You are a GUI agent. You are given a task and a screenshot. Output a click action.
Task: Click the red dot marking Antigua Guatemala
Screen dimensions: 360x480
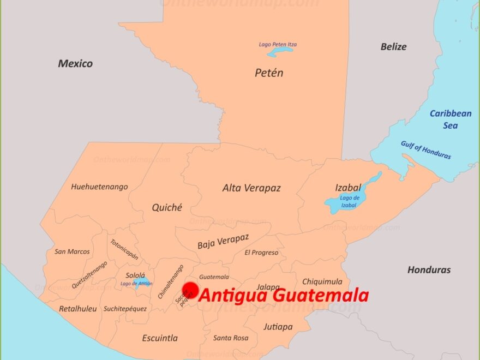click(190, 290)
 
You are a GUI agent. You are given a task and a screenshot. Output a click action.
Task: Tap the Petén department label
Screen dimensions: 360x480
click(269, 73)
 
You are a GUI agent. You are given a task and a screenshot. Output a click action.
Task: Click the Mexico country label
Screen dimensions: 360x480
click(75, 64)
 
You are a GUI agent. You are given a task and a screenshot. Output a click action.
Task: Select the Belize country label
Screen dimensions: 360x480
click(393, 47)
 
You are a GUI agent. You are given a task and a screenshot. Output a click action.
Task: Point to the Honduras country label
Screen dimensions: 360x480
click(429, 270)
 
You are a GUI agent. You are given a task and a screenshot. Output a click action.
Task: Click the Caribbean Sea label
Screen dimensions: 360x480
click(450, 119)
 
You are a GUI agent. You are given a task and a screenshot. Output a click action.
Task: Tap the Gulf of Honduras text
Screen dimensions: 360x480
click(426, 150)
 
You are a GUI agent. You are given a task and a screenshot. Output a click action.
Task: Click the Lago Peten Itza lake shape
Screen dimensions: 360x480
click(280, 51)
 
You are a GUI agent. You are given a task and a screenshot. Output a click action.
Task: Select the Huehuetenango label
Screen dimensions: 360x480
click(99, 187)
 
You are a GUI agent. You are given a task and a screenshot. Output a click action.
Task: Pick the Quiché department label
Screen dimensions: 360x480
click(167, 207)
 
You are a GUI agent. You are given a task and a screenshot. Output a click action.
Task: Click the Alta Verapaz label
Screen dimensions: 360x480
click(251, 188)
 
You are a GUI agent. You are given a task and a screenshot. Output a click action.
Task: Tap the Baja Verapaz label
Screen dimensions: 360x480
click(223, 242)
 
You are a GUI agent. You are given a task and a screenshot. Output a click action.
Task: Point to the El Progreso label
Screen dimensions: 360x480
click(261, 253)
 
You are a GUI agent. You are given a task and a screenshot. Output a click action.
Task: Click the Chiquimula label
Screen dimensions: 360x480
click(322, 281)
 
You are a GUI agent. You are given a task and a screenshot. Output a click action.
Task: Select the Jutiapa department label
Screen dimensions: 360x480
click(278, 327)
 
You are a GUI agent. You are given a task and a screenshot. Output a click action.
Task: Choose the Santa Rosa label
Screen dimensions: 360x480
click(231, 338)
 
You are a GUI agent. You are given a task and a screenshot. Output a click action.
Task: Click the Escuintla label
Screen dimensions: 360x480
click(160, 338)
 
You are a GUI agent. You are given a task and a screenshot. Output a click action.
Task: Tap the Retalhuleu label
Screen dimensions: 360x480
click(77, 309)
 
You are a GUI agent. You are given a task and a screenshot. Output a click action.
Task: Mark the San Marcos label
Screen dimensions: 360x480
click(72, 251)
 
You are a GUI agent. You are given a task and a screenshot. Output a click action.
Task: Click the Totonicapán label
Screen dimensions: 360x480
click(124, 249)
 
